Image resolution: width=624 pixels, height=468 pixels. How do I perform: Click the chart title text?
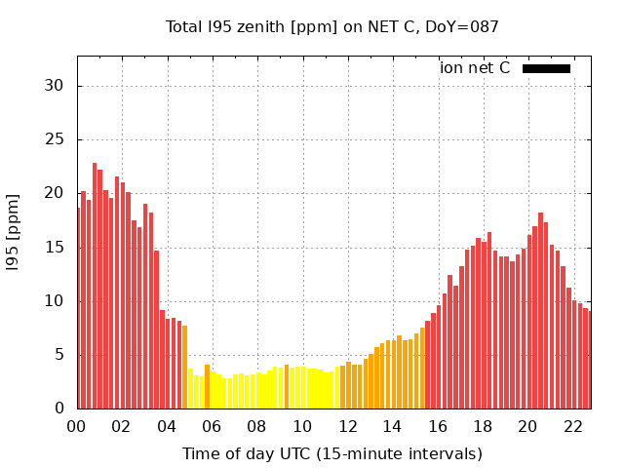[x=332, y=26]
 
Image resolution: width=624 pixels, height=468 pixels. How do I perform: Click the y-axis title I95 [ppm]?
[x=14, y=232]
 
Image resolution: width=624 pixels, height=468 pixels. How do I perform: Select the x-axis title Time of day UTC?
[x=332, y=453]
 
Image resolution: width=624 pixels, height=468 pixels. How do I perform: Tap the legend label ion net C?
[x=475, y=67]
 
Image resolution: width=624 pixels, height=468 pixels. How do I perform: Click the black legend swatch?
[x=546, y=68]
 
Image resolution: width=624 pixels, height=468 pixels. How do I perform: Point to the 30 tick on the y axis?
[x=55, y=86]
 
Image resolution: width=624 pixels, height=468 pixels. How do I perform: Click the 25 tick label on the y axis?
[x=55, y=139]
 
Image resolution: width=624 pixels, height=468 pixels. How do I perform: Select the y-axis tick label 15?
[x=55, y=247]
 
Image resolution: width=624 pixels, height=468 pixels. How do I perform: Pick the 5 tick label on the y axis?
[x=59, y=354]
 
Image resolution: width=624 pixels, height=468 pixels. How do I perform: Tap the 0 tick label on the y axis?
[x=59, y=408]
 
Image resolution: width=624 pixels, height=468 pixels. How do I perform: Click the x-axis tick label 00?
[x=76, y=426]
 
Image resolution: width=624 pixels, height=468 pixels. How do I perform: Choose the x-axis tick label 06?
[x=212, y=426]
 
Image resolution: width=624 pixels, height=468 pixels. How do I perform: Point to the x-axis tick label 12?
[x=347, y=426]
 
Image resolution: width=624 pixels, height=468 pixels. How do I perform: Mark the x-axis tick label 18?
[x=483, y=426]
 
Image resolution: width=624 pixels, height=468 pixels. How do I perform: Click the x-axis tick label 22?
[x=573, y=426]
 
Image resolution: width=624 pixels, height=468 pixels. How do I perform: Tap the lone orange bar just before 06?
[x=207, y=386]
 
